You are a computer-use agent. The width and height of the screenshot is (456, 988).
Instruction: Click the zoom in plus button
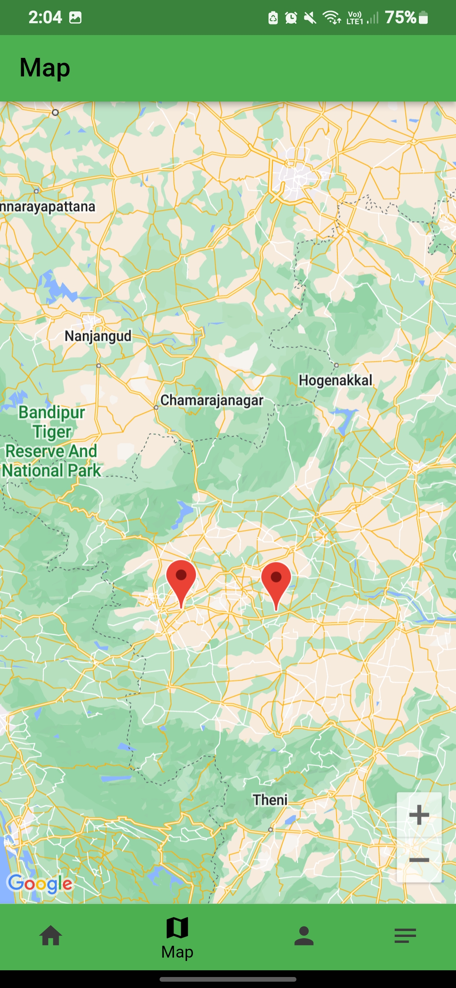(419, 815)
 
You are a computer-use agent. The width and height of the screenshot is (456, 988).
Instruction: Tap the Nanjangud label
(98, 336)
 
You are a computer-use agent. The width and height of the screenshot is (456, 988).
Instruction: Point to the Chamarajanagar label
(212, 400)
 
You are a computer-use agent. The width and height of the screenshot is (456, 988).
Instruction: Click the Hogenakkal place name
(336, 380)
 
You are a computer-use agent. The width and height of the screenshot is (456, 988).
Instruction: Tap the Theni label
(270, 800)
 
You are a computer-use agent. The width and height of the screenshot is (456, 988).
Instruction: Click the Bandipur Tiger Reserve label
(52, 441)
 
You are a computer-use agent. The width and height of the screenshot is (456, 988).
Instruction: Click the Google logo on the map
(40, 883)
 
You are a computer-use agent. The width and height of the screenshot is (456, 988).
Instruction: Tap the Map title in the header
(45, 68)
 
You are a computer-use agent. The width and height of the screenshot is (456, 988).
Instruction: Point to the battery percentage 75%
(400, 18)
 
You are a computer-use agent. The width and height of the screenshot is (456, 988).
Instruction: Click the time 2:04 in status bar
(45, 18)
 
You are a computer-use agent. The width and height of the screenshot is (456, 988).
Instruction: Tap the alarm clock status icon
(291, 18)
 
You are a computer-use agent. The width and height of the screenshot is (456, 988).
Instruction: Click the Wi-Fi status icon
(331, 18)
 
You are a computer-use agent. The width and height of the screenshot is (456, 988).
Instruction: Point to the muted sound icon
(310, 18)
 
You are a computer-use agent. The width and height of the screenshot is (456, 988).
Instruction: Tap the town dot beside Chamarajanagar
(156, 407)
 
